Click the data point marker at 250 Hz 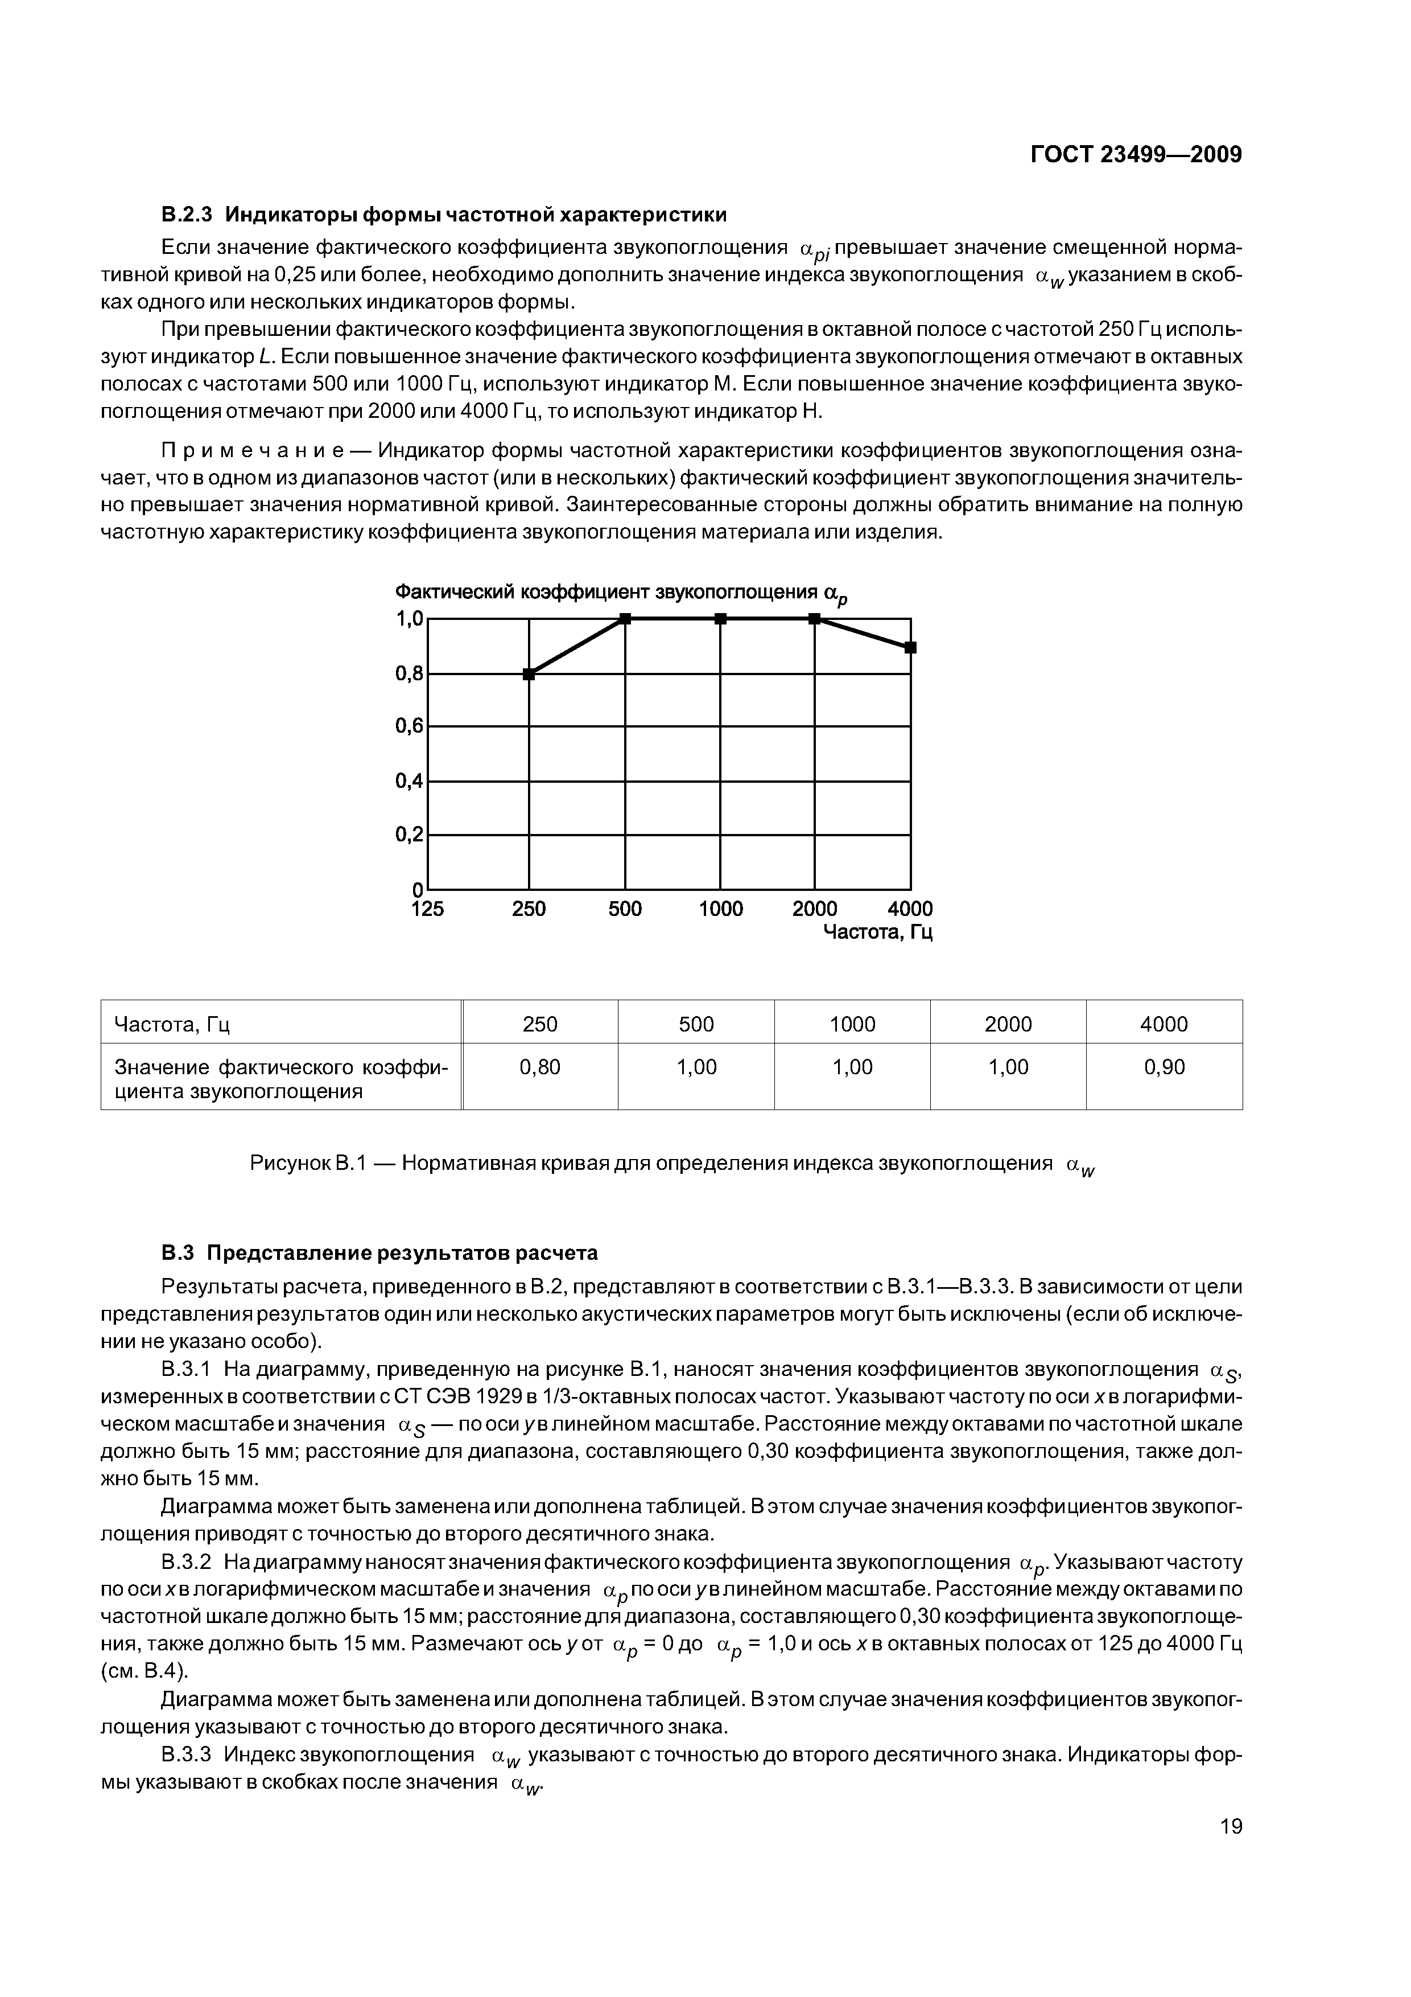(x=529, y=673)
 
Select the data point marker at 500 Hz (x=625, y=618)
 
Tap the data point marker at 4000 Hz (x=910, y=647)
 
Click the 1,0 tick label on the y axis (x=410, y=618)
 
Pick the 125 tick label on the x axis (x=427, y=909)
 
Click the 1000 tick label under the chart (x=721, y=909)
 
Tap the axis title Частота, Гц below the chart (x=877, y=933)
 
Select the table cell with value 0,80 (x=540, y=1067)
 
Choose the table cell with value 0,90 (x=1164, y=1067)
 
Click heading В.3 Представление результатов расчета (x=380, y=1252)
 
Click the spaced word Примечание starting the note (x=261, y=450)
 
